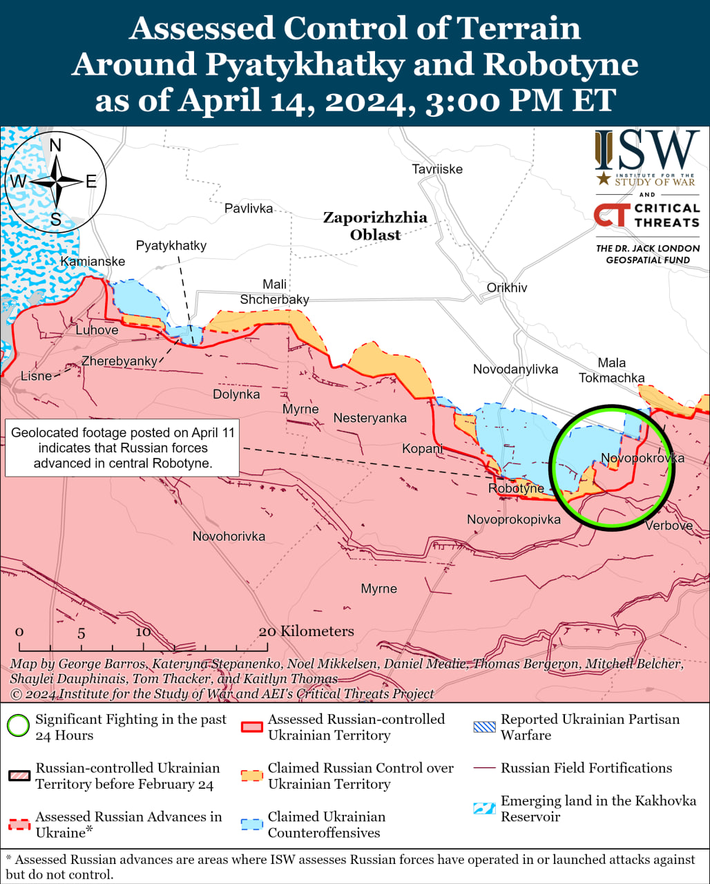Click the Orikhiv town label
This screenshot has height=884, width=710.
[506, 287]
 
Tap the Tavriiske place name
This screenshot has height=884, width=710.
[437, 169]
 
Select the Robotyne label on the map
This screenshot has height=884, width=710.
[516, 488]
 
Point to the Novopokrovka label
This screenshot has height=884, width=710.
[642, 459]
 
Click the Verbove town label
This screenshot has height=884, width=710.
[669, 526]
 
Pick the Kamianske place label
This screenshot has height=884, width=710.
[93, 261]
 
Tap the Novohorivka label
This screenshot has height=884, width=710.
[229, 536]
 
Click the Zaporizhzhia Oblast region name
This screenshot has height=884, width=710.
[375, 226]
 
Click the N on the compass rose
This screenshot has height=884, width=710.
[56, 145]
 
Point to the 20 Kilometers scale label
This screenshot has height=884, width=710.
[306, 631]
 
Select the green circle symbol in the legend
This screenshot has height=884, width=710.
[18, 727]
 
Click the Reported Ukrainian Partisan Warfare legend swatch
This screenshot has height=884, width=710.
[483, 727]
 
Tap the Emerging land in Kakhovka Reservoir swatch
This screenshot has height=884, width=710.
[483, 809]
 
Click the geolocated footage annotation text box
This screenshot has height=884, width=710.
[122, 448]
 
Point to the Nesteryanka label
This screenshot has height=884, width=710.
[370, 418]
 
